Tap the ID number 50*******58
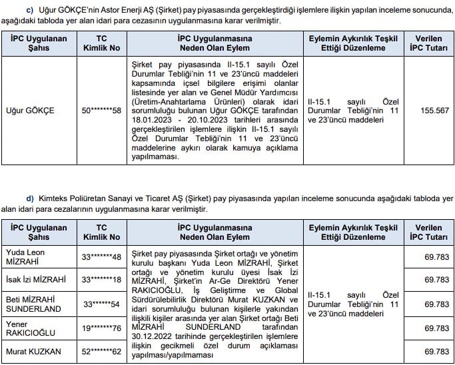[102, 111]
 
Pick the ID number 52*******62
[102, 351]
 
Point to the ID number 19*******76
[102, 328]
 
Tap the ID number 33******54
[102, 304]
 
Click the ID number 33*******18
[102, 280]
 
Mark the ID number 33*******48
[102, 257]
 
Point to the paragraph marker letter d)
[29, 198]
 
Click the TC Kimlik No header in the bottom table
[102, 232]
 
